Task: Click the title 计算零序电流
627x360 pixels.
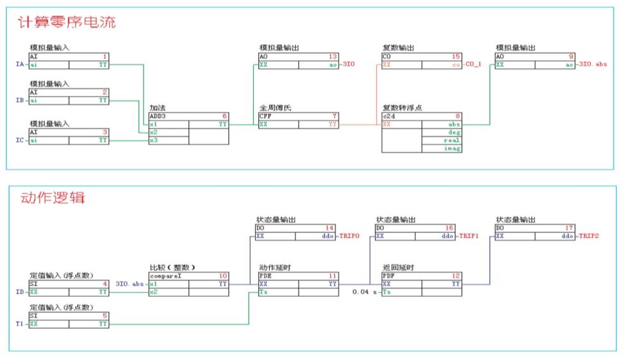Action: point(67,23)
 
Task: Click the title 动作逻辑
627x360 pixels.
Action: point(52,198)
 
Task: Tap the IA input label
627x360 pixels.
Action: point(19,64)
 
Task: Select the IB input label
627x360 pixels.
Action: point(19,100)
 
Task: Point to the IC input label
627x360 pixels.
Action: point(19,140)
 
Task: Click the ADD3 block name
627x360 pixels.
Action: point(158,117)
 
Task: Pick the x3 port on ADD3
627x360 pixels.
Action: point(153,140)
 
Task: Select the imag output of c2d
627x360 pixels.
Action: point(452,148)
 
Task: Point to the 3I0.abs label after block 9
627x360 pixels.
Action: point(593,64)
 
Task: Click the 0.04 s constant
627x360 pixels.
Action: point(364,292)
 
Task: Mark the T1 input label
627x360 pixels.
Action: point(19,324)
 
